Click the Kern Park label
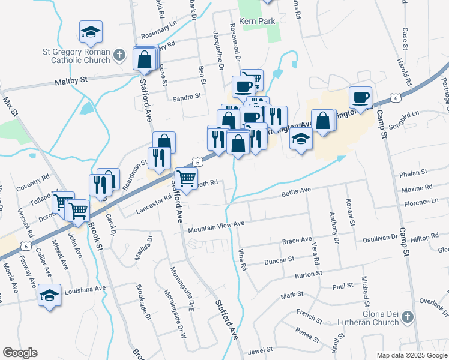[x=260, y=21]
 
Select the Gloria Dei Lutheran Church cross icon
[x=407, y=316]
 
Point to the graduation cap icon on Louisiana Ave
[x=50, y=295]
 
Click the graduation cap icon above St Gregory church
[x=91, y=31]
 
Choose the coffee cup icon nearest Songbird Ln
[x=360, y=97]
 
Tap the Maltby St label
[x=72, y=79]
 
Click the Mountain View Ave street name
[x=216, y=227]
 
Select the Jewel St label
[x=261, y=349]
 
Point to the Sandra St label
[x=185, y=97]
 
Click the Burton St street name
[x=309, y=275]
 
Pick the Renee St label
[x=307, y=334]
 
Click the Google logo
[x=20, y=353]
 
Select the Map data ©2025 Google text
[x=412, y=355]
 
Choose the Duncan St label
[x=279, y=260]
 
